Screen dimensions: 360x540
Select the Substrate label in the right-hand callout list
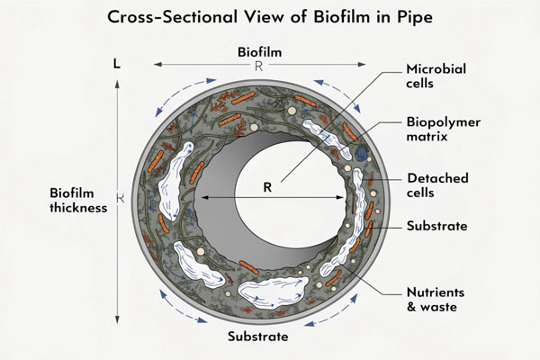(436, 226)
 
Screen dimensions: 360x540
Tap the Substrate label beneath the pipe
(257, 337)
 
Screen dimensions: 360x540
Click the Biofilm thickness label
(77, 200)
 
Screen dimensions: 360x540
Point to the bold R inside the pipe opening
(267, 189)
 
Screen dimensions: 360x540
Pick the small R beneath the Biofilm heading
(257, 66)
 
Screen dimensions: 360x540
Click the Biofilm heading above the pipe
(259, 51)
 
